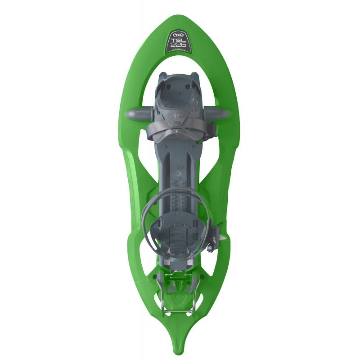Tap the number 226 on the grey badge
coord(180,47)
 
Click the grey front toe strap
coord(180,130)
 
